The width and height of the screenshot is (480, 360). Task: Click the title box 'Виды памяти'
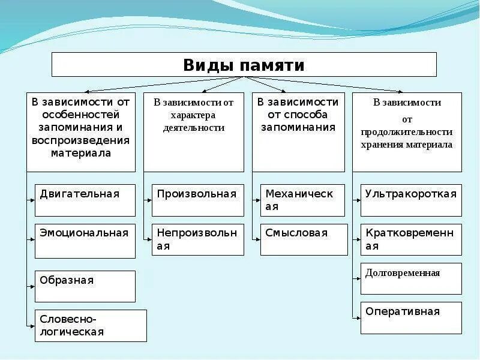tap(244, 64)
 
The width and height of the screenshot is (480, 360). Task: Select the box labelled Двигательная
tap(85, 200)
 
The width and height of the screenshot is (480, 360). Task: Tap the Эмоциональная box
tap(85, 241)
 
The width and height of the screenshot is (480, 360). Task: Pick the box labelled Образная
tap(85, 286)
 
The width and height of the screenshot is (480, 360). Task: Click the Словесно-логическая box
tap(91, 326)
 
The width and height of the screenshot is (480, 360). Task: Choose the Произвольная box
tap(197, 200)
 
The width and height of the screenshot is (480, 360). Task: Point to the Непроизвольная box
tap(197, 239)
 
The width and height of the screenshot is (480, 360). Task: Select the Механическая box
tap(303, 200)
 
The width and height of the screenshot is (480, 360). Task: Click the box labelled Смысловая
tap(304, 239)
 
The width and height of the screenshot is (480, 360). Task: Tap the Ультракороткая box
tap(411, 200)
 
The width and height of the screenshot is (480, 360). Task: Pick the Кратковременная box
tap(411, 239)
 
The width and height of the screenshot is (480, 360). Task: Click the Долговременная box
tap(411, 278)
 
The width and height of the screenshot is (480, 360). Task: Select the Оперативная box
tap(411, 317)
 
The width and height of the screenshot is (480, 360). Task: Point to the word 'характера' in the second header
tap(193, 115)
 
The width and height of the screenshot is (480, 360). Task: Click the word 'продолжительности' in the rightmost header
tap(407, 132)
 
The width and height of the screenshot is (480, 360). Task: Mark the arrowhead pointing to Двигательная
tap(32, 197)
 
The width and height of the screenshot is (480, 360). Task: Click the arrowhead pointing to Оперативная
tap(357, 316)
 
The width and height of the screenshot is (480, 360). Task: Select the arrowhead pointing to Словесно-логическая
tap(32, 326)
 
